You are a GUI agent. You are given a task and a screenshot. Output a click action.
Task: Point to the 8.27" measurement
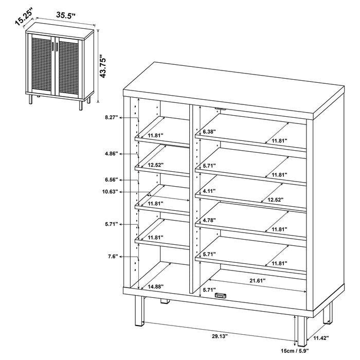(111, 118)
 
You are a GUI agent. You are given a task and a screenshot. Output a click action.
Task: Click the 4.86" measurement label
(111, 154)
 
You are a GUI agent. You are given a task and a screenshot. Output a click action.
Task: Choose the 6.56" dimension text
(111, 180)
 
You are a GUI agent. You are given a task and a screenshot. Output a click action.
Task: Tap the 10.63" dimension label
(110, 192)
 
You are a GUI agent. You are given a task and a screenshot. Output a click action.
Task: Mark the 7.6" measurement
(112, 256)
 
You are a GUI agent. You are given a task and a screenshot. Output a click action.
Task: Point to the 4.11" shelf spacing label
(208, 191)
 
